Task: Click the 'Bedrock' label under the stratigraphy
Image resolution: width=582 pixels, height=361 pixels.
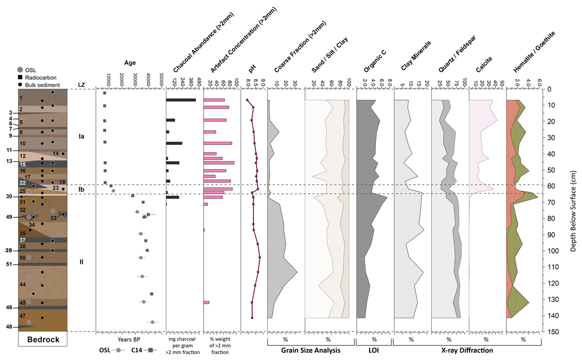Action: pos(42,339)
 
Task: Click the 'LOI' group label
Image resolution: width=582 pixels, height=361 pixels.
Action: pos(373,350)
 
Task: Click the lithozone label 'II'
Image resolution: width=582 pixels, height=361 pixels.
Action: pos(81,262)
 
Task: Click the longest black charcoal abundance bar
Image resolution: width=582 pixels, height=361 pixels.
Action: pos(181,100)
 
